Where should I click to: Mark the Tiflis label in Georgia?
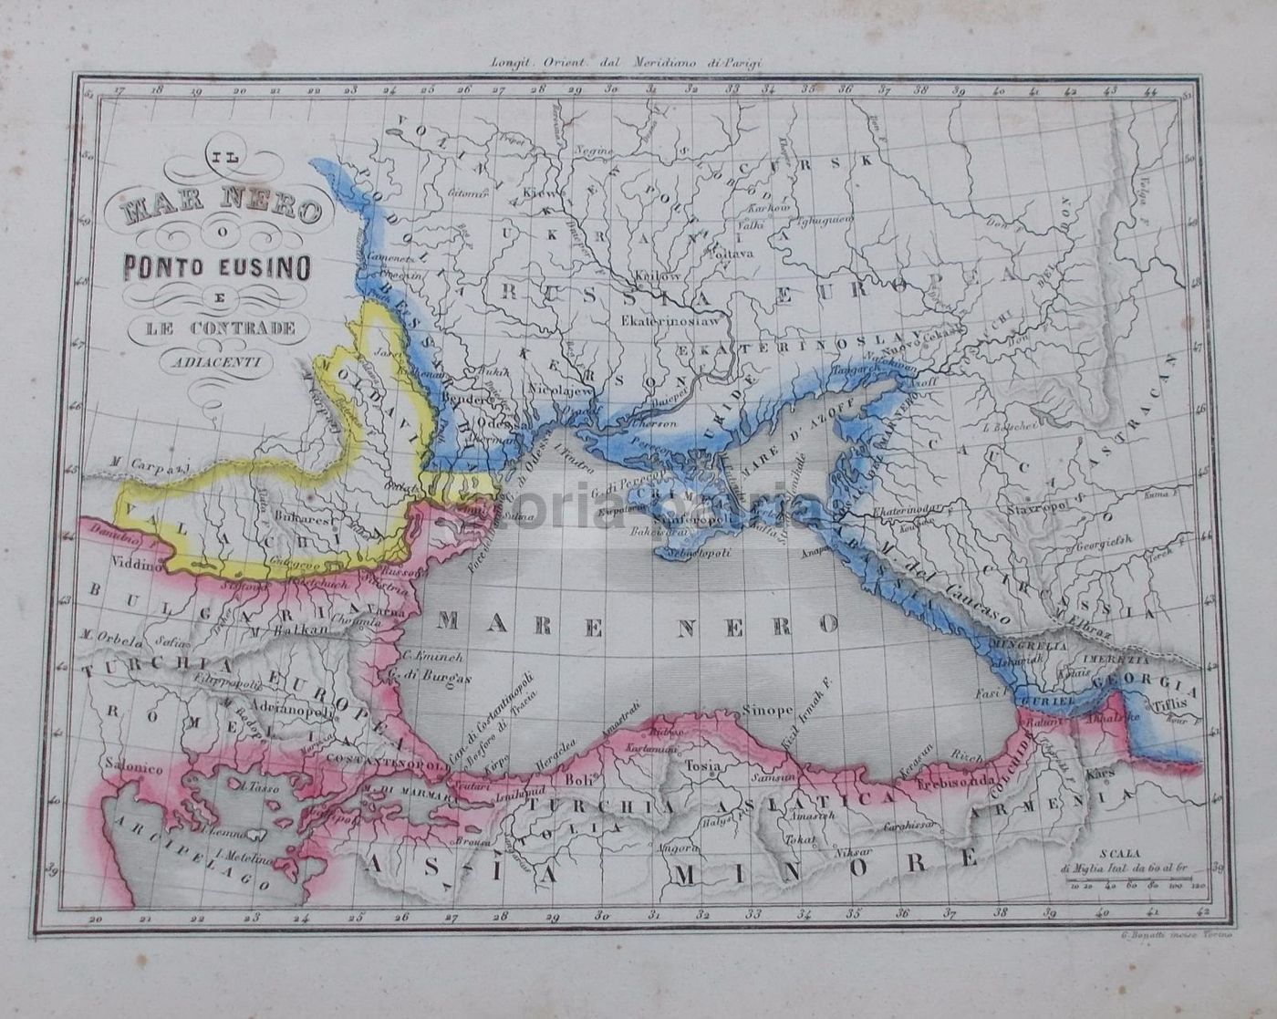coord(1172,703)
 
